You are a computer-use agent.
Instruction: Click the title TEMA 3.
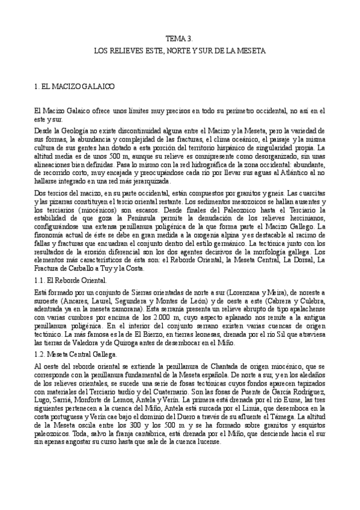pyautogui.click(x=180, y=37)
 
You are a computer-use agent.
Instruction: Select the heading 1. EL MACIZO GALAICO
pyautogui.click(x=75, y=87)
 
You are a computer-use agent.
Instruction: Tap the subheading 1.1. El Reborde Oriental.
pyautogui.click(x=71, y=281)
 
